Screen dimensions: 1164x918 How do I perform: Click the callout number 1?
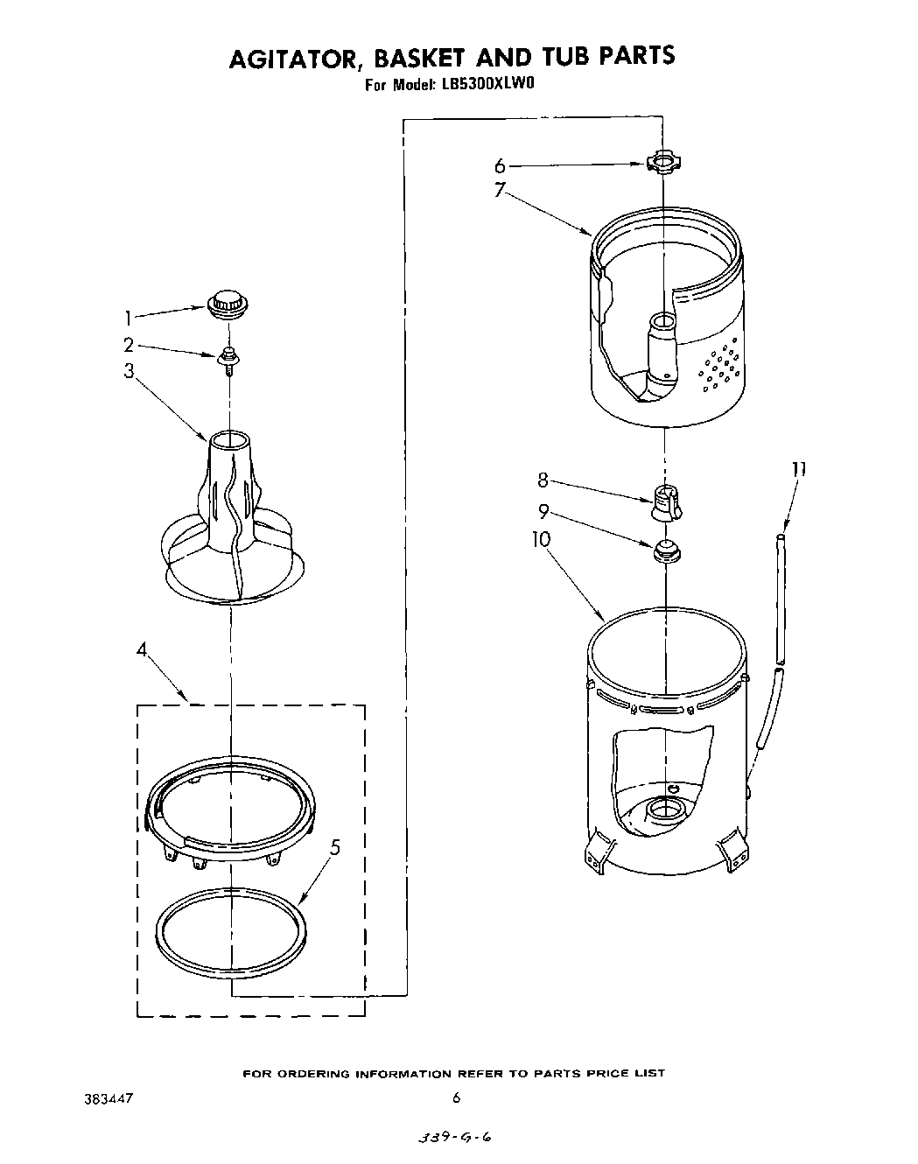coord(129,318)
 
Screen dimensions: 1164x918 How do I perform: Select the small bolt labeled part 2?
coord(229,356)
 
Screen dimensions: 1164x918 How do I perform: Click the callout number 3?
coord(129,371)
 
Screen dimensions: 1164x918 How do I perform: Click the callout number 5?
coord(336,847)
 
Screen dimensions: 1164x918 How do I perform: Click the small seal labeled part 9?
coord(666,551)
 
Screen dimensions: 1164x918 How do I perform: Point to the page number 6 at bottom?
coord(456,1097)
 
